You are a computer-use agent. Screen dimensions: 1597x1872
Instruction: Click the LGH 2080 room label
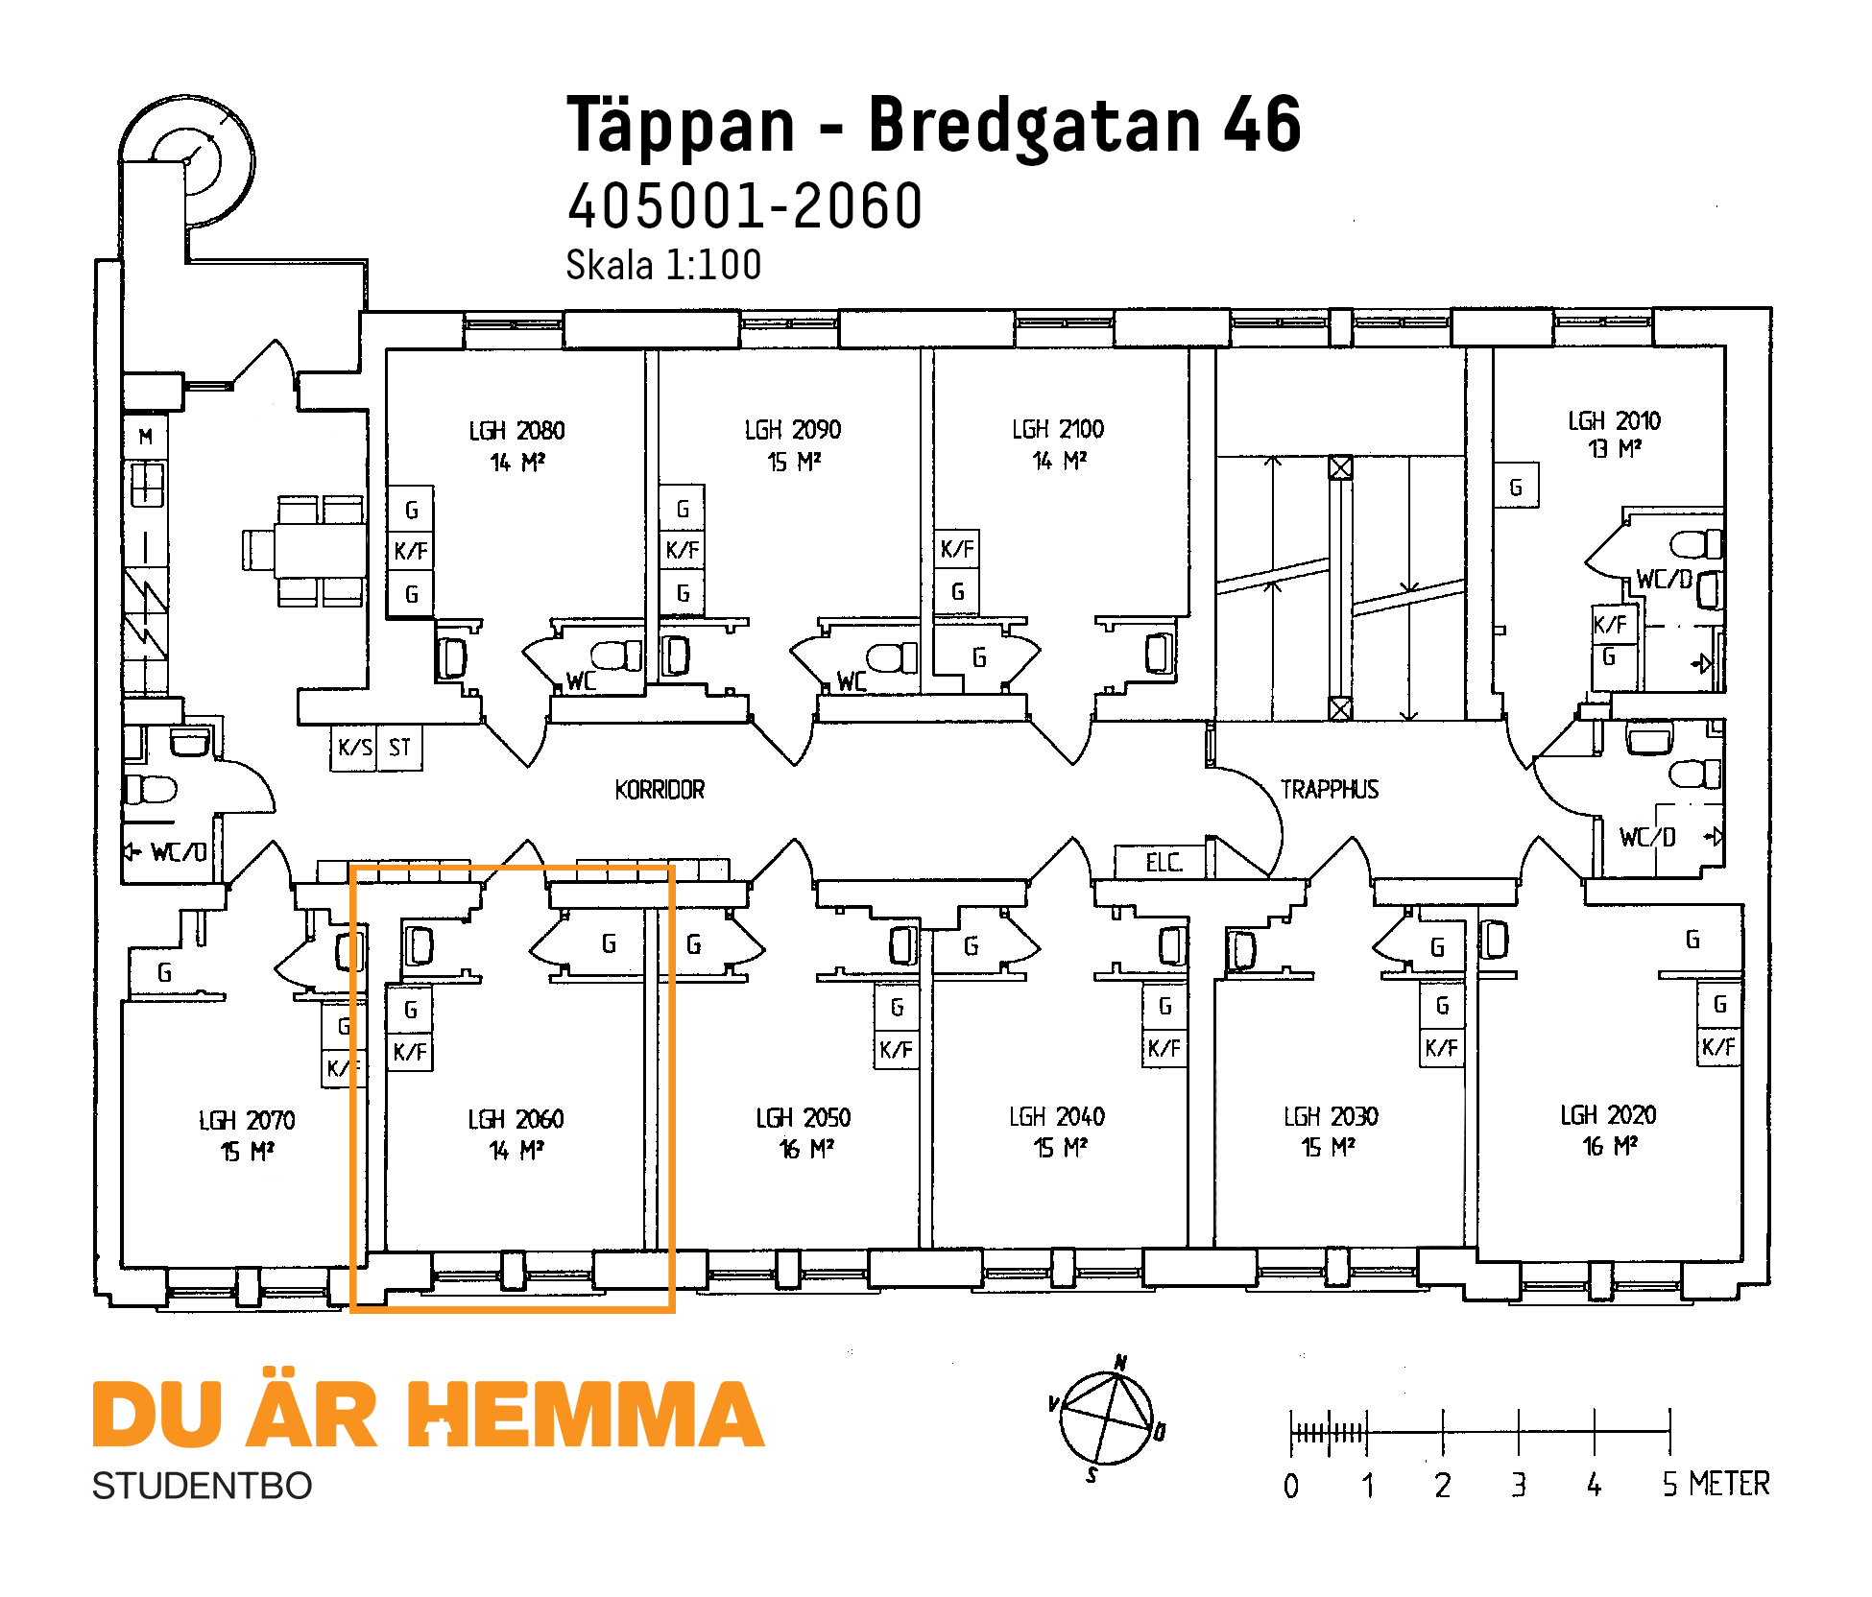click(516, 431)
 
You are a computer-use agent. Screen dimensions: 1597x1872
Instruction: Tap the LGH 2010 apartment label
click(1614, 421)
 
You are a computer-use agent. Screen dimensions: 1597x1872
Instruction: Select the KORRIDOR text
click(660, 790)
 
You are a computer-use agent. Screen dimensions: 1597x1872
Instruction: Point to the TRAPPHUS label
click(1330, 790)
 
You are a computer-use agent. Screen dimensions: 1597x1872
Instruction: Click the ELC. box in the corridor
click(1163, 862)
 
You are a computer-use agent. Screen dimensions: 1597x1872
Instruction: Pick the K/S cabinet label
click(354, 747)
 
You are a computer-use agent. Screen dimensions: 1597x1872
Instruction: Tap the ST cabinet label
click(399, 747)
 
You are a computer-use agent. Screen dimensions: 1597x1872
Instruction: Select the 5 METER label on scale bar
click(1715, 1484)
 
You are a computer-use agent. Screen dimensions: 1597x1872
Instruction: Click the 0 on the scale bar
click(1291, 1486)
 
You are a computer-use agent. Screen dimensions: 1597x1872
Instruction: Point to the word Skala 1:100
click(663, 265)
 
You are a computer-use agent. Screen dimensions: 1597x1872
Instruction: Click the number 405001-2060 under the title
click(745, 206)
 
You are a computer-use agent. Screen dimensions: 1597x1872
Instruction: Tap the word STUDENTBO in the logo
click(202, 1486)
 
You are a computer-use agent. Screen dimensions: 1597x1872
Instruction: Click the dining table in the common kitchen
click(320, 550)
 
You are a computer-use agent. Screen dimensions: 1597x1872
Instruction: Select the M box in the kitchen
click(146, 437)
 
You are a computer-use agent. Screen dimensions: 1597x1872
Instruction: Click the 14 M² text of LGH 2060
click(516, 1150)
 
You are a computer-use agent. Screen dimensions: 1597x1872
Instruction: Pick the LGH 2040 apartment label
click(1057, 1117)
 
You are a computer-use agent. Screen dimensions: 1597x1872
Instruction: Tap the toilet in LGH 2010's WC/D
click(1695, 545)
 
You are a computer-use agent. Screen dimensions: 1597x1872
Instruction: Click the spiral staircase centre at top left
click(186, 161)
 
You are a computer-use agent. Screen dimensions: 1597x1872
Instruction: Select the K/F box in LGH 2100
click(957, 549)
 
